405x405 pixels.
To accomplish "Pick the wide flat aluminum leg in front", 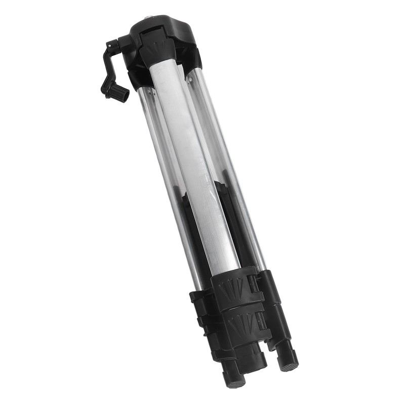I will click(192, 167).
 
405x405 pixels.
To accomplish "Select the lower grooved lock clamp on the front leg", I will click(248, 324).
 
